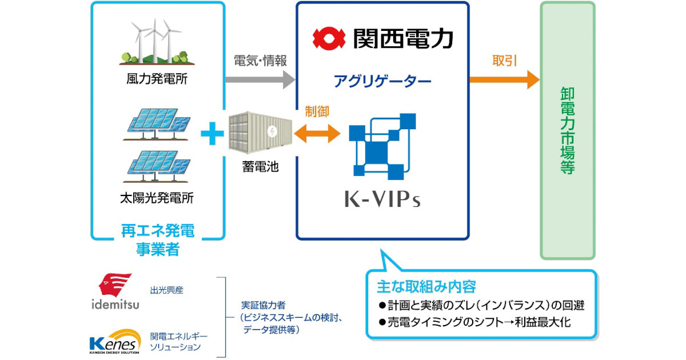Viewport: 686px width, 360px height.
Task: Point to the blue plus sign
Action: point(212,135)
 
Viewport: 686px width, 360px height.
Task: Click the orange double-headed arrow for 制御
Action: point(317,135)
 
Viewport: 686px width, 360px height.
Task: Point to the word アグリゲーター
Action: point(382,81)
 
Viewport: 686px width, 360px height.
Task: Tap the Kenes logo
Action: point(115,341)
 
